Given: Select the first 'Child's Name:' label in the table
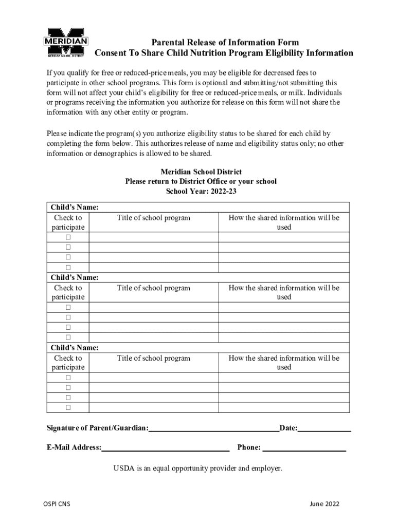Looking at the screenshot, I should pyautogui.click(x=75, y=207).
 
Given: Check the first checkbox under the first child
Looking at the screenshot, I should pyautogui.click(x=68, y=237).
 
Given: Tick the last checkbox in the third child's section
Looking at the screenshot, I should pyautogui.click(x=68, y=407).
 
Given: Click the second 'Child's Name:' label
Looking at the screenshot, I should pyautogui.click(x=75, y=277).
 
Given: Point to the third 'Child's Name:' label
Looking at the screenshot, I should pyautogui.click(x=75, y=348).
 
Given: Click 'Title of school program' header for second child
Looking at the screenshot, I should pyautogui.click(x=153, y=288).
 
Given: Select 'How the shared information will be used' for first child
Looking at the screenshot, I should pyautogui.click(x=284, y=222).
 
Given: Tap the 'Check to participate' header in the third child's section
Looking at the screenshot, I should pyautogui.click(x=68, y=363).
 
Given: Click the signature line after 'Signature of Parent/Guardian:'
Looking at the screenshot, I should pyautogui.click(x=214, y=428).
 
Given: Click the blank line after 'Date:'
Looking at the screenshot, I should pyautogui.click(x=325, y=428).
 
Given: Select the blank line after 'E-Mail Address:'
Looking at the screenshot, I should pyautogui.click(x=166, y=448).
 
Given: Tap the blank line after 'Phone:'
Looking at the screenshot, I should pyautogui.click(x=304, y=448).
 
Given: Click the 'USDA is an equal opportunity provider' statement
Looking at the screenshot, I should pyautogui.click(x=198, y=468).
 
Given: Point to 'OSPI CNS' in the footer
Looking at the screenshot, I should pyautogui.click(x=57, y=504).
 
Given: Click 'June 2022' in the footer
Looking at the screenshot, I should pyautogui.click(x=325, y=504).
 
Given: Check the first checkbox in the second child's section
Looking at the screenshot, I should pyautogui.click(x=68, y=308).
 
